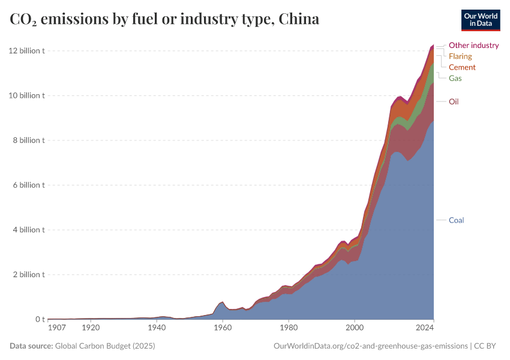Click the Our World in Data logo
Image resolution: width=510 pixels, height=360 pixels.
[480, 20]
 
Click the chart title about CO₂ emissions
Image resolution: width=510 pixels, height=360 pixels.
[164, 20]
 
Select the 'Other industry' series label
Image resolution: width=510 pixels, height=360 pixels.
[473, 45]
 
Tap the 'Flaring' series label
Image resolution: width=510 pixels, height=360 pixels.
[460, 56]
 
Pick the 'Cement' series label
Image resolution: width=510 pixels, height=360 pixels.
[462, 67]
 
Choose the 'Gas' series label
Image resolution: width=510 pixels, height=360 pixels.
[455, 79]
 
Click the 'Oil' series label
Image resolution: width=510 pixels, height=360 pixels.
[454, 101]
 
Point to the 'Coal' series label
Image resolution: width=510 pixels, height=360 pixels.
[456, 220]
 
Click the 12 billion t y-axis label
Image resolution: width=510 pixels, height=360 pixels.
[27, 51]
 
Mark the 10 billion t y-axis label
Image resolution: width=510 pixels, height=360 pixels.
[27, 95]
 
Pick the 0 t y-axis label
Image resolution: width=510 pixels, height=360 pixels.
[40, 319]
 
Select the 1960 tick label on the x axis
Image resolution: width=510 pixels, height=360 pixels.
[223, 328]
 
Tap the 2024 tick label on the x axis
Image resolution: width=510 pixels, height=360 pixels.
[425, 328]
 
